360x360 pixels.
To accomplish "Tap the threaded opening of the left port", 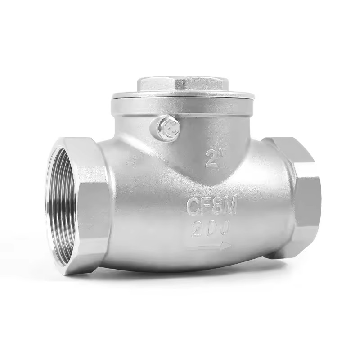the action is click(x=61, y=200).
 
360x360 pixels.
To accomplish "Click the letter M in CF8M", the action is click(x=229, y=207).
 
